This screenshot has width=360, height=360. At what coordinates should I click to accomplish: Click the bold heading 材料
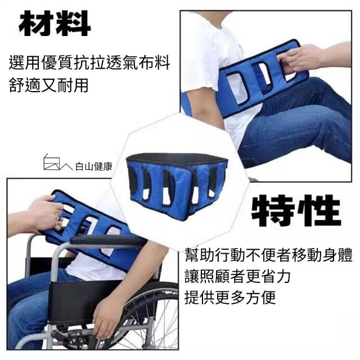tap(55, 24)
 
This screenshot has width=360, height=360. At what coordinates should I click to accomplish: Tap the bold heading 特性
tap(296, 210)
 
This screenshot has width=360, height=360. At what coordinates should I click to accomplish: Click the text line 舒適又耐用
tap(49, 85)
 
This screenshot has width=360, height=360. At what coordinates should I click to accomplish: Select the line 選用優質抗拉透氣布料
tap(89, 62)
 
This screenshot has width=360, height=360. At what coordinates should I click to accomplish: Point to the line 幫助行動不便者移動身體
tap(269, 255)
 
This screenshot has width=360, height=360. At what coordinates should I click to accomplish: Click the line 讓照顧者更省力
tap(237, 276)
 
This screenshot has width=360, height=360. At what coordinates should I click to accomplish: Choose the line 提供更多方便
tap(230, 297)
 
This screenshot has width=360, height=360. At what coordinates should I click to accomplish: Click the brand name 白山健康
tap(94, 166)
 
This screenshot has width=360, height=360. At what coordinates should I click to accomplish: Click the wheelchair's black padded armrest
tap(108, 240)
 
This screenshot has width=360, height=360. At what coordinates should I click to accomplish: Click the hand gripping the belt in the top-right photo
tap(299, 58)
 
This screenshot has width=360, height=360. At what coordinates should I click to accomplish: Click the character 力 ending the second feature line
tap(283, 276)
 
